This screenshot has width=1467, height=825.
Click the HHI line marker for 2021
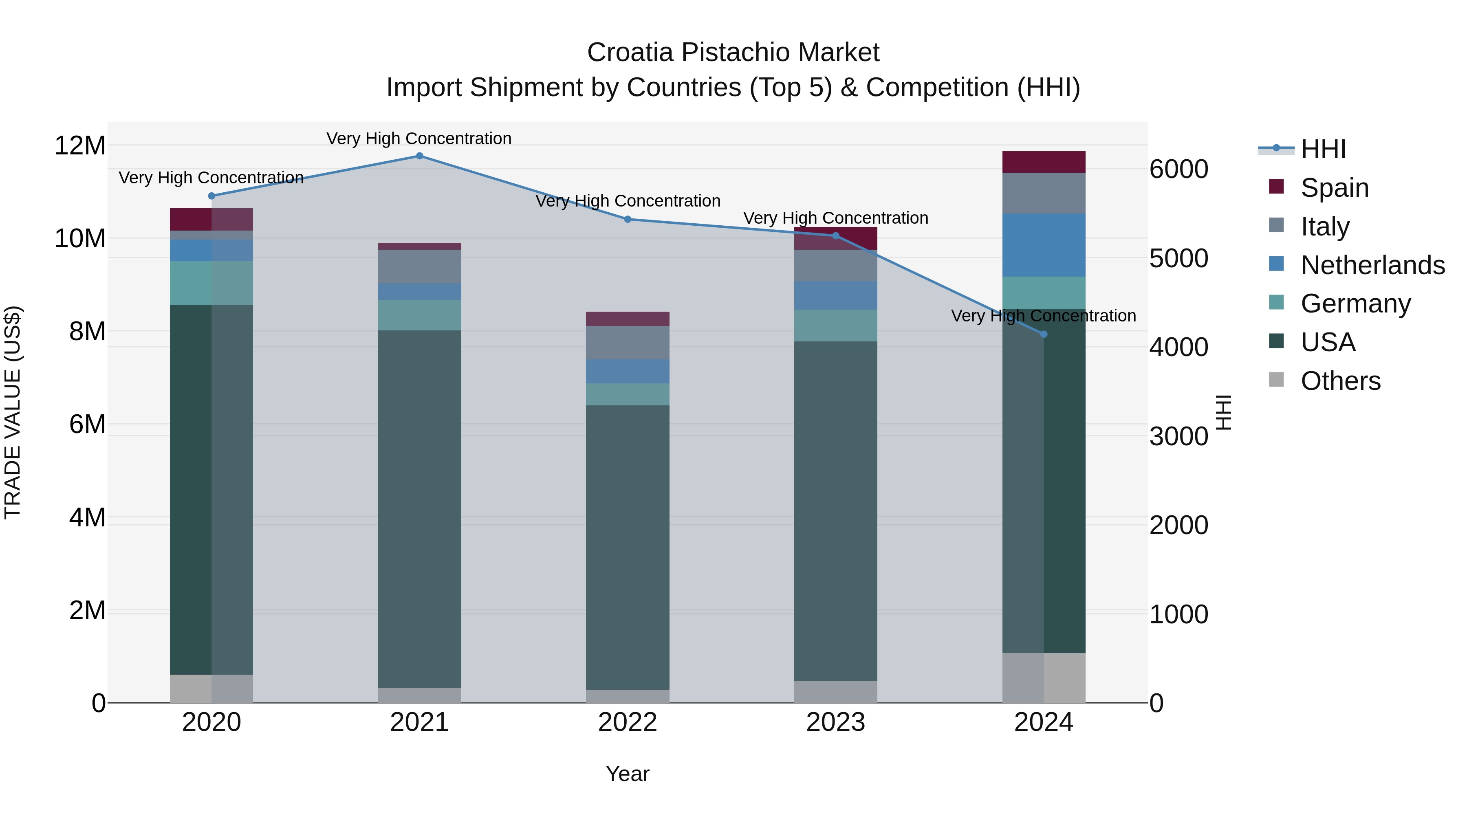[419, 156]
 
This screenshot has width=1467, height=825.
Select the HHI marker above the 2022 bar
[628, 219]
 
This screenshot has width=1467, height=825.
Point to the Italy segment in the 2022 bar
[628, 343]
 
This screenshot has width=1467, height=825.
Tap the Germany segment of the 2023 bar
[835, 325]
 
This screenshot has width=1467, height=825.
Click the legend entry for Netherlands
[1372, 265]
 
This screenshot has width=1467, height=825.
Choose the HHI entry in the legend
[1323, 149]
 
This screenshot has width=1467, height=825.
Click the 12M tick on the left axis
[80, 146]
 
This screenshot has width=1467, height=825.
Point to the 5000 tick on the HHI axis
[1178, 258]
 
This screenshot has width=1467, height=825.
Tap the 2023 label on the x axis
[835, 722]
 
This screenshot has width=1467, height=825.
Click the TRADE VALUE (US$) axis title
[13, 412]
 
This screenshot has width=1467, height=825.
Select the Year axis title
[628, 774]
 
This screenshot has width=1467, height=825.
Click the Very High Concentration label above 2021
[419, 139]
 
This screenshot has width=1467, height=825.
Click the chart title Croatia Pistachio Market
[733, 53]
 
